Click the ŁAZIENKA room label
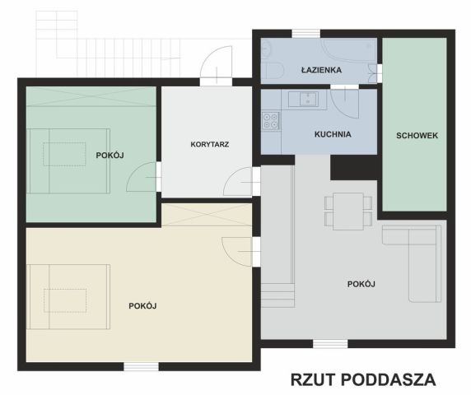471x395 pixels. [321, 71]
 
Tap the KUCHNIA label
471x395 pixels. [333, 133]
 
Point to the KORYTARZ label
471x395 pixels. [209, 144]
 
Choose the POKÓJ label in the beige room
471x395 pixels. [142, 306]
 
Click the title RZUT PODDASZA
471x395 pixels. [362, 379]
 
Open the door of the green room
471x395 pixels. [145, 175]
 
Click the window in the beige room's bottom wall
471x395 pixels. [141, 366]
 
